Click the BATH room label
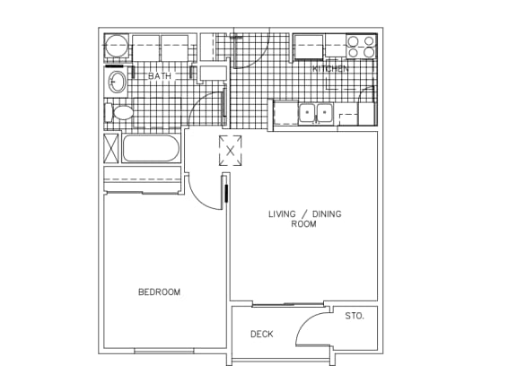[160, 76]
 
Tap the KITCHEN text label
[330, 69]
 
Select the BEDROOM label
[159, 292]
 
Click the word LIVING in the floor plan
[282, 214]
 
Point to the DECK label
[262, 335]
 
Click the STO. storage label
[355, 316]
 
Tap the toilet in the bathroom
[119, 112]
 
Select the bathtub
[151, 148]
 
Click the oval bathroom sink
[117, 82]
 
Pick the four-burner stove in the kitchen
[361, 47]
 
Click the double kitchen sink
[316, 113]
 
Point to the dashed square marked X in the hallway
[230, 151]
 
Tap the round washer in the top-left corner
[116, 46]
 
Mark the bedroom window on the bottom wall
[164, 351]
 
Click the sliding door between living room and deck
[288, 305]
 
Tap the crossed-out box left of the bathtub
[111, 148]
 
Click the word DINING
[327, 214]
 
